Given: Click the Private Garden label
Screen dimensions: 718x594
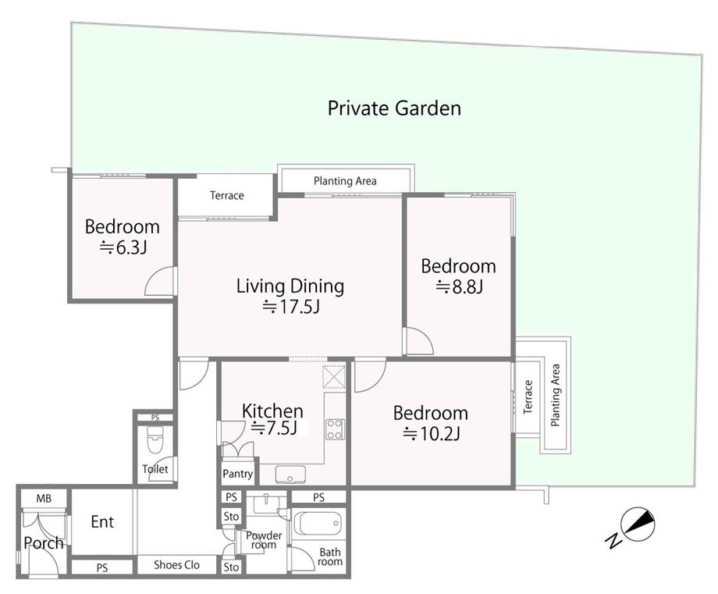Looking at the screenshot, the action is click(x=394, y=108).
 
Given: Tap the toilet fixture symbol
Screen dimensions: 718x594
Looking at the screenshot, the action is click(x=155, y=440).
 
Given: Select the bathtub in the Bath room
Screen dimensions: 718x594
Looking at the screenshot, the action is click(x=318, y=523).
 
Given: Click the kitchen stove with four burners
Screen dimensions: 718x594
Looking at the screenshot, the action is click(x=335, y=429).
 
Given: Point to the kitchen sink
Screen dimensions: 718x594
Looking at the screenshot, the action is click(x=290, y=475).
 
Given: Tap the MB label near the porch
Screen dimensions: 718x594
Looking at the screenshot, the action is click(x=44, y=498).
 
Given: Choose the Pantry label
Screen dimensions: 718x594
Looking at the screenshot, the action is click(x=238, y=474).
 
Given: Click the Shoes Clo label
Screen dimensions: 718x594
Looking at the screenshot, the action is click(x=176, y=564).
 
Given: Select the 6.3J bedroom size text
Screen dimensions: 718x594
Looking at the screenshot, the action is click(x=123, y=247).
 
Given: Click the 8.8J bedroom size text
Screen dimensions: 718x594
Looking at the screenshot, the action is click(x=459, y=286).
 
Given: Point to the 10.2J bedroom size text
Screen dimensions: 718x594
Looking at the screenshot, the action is click(x=432, y=433).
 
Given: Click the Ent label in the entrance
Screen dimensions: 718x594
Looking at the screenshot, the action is click(x=102, y=521).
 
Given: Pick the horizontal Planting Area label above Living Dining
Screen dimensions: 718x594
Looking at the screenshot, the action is click(x=345, y=181).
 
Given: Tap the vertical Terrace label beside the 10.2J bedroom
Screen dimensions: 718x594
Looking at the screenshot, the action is click(x=528, y=397).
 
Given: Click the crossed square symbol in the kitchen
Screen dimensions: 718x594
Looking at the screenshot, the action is click(x=334, y=377).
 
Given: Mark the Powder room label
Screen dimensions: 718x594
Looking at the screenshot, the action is click(x=264, y=540).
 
